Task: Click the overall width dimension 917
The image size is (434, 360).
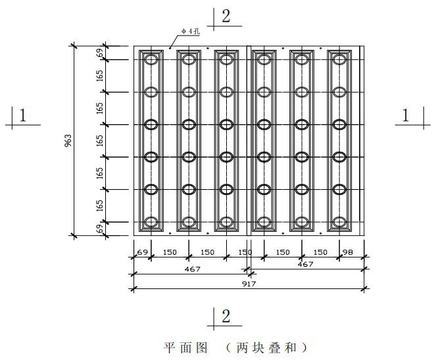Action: click(x=249, y=284)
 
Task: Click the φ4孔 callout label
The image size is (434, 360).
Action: click(x=191, y=32)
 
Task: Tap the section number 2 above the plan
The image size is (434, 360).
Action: click(x=226, y=17)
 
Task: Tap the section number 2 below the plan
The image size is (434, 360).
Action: click(x=226, y=317)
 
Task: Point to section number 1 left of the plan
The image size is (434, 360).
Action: click(x=22, y=116)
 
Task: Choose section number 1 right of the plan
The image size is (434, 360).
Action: click(x=406, y=116)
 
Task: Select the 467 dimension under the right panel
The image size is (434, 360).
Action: click(x=306, y=264)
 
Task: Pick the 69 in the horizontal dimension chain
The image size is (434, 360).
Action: click(x=143, y=252)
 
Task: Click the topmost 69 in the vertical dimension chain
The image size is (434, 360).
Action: click(x=101, y=53)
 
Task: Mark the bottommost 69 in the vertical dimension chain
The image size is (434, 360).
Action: click(x=101, y=229)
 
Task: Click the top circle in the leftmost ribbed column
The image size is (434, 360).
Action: click(x=151, y=60)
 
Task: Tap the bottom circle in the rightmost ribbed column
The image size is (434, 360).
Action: click(x=339, y=222)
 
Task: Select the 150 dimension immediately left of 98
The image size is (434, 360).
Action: click(x=320, y=252)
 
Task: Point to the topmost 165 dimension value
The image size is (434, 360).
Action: click(x=101, y=76)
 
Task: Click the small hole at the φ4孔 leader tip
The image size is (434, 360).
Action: click(x=170, y=48)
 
